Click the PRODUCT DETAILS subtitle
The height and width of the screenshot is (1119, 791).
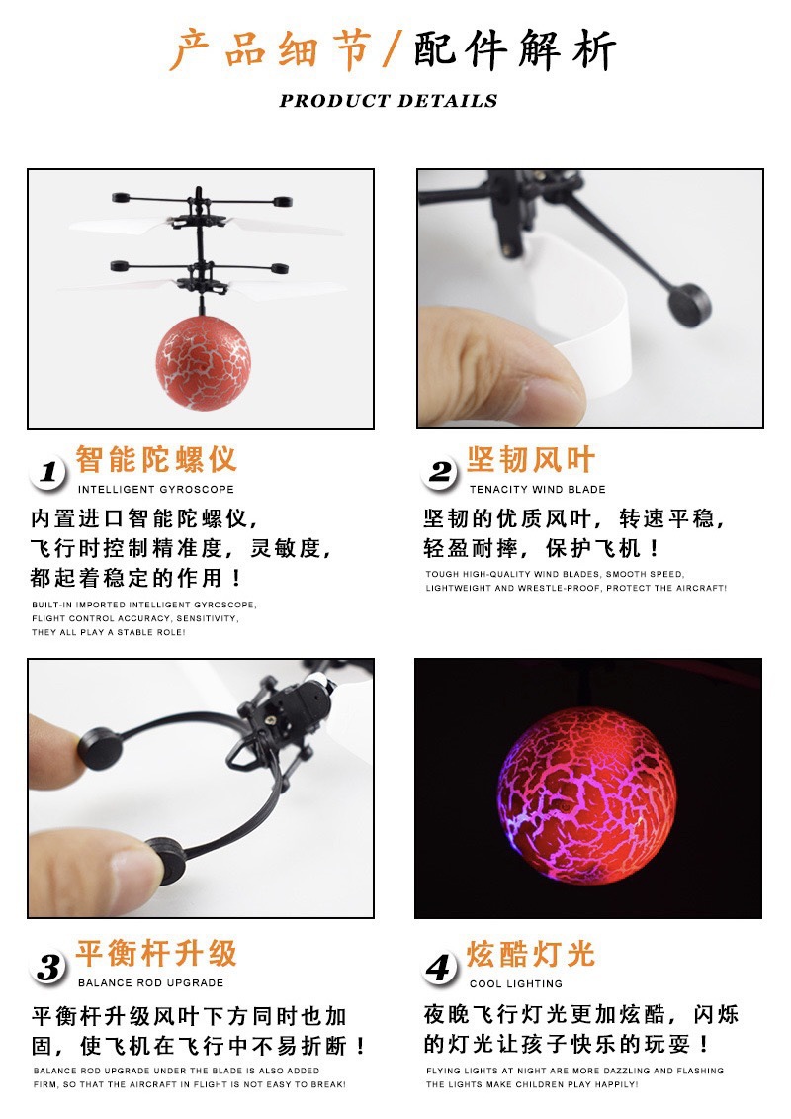389,101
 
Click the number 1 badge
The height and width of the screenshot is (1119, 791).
47,472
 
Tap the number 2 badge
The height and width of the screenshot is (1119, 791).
440,472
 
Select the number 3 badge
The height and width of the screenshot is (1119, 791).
47,967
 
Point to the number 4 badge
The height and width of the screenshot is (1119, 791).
440,967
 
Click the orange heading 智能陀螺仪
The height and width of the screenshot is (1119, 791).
156,460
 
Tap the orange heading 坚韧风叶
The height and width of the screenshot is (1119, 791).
531,460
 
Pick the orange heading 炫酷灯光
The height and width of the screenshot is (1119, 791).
531,954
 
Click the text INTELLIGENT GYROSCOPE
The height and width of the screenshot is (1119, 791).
156,489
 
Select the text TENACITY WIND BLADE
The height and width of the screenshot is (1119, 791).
538,489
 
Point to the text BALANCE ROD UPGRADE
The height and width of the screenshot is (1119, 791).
150,982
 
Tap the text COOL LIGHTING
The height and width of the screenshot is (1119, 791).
516,983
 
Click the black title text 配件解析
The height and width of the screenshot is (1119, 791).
514,50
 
